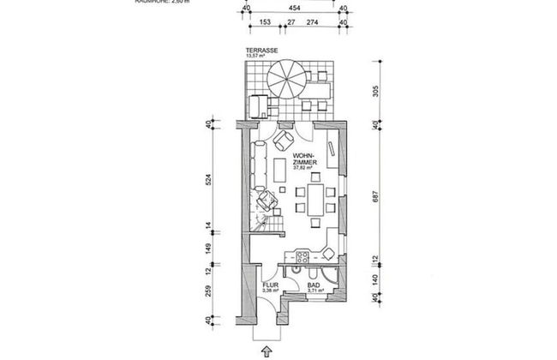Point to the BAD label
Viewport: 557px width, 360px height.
[314, 285]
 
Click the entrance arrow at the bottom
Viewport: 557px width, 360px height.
[267, 351]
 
